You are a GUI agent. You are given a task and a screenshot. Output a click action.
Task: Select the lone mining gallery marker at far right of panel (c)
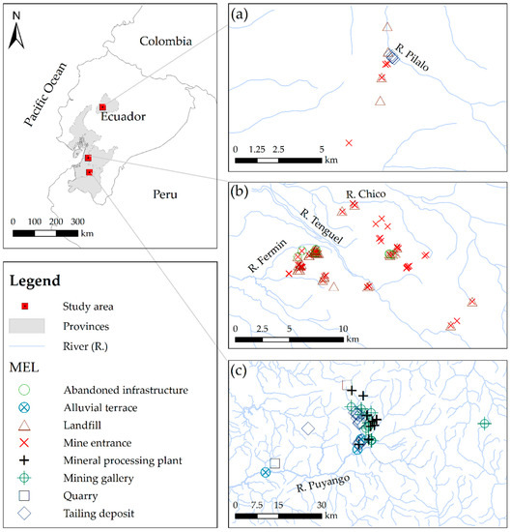[485, 424]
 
